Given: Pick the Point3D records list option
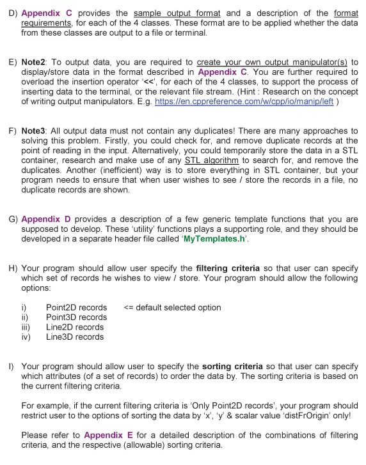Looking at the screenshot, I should coord(76,317).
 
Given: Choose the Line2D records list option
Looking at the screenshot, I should coord(75,327).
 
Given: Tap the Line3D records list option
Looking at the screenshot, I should coord(75,337).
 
